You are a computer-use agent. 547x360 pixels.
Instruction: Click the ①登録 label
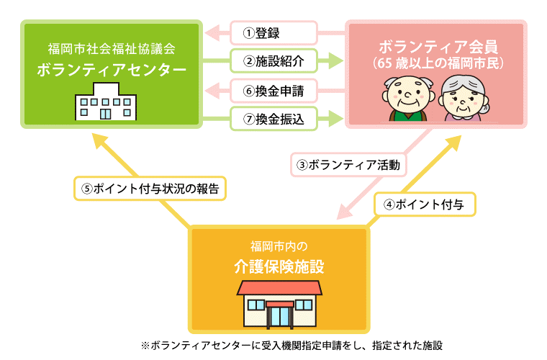click(x=274, y=33)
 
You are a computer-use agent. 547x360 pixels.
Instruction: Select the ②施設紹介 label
click(x=274, y=61)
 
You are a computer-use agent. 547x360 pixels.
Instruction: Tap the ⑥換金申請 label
click(x=274, y=91)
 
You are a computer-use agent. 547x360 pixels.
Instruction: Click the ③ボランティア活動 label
click(x=348, y=165)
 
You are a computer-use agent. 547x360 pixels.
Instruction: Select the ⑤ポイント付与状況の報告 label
click(x=150, y=189)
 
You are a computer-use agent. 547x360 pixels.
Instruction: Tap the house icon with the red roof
click(x=280, y=303)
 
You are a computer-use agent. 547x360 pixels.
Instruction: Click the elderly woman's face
click(x=461, y=99)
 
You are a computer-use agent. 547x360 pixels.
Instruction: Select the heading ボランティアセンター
click(x=111, y=71)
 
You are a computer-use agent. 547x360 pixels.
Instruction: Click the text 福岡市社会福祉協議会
click(x=111, y=50)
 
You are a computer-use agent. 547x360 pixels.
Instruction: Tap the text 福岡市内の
click(x=279, y=245)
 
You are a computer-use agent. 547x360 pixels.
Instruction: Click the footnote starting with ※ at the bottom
click(x=291, y=345)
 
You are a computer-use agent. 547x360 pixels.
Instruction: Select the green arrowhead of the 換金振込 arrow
click(x=335, y=117)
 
